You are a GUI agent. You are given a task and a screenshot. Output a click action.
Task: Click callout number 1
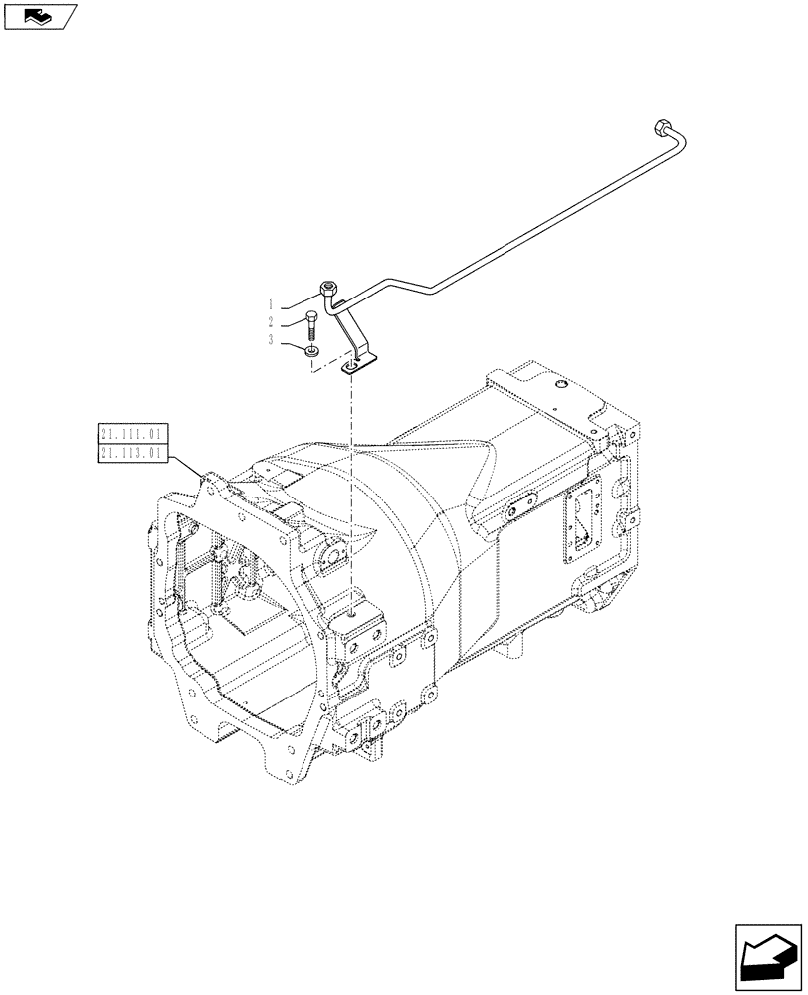click(271, 303)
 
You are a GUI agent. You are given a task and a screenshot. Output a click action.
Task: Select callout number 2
click(271, 321)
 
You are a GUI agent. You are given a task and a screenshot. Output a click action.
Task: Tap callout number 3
click(271, 339)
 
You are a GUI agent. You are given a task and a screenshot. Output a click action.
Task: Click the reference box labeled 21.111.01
click(134, 433)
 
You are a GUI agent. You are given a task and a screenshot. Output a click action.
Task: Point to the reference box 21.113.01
click(134, 453)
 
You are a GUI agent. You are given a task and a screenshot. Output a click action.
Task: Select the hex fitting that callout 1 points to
click(330, 290)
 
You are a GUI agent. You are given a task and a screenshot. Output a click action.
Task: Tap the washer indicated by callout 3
click(312, 349)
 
